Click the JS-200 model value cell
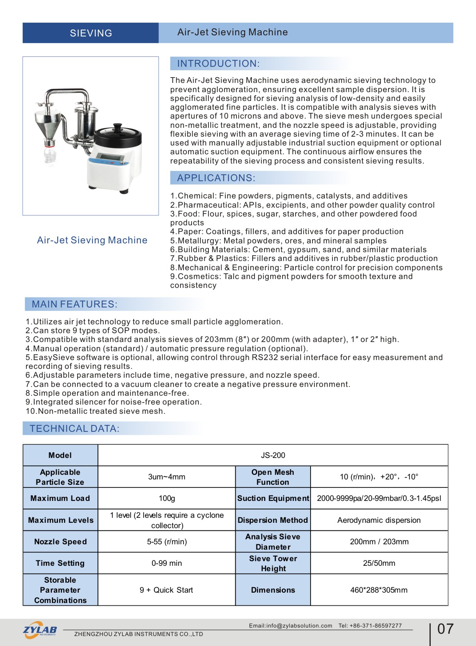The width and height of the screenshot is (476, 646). [x=273, y=455]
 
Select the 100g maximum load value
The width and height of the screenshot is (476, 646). [x=167, y=498]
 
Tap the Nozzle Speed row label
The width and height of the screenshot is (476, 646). [x=60, y=542]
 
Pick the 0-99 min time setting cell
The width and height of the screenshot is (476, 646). [x=167, y=563]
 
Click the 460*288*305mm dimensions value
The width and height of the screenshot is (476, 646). [x=379, y=590]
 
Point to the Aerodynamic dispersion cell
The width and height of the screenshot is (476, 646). [x=379, y=520]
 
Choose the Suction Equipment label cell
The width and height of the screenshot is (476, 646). [x=273, y=498]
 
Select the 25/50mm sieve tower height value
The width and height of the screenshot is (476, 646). [x=379, y=563]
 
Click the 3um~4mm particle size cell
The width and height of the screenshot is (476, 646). [x=167, y=477]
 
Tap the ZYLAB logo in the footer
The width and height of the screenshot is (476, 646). [x=40, y=630]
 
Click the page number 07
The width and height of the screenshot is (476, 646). [x=445, y=629]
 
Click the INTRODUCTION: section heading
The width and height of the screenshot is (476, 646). [x=218, y=64]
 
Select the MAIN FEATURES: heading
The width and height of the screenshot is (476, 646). [x=74, y=304]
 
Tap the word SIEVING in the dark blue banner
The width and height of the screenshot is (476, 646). [x=91, y=33]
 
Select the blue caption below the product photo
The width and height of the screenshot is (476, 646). [x=92, y=240]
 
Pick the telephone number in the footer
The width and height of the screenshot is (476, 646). [x=370, y=626]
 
